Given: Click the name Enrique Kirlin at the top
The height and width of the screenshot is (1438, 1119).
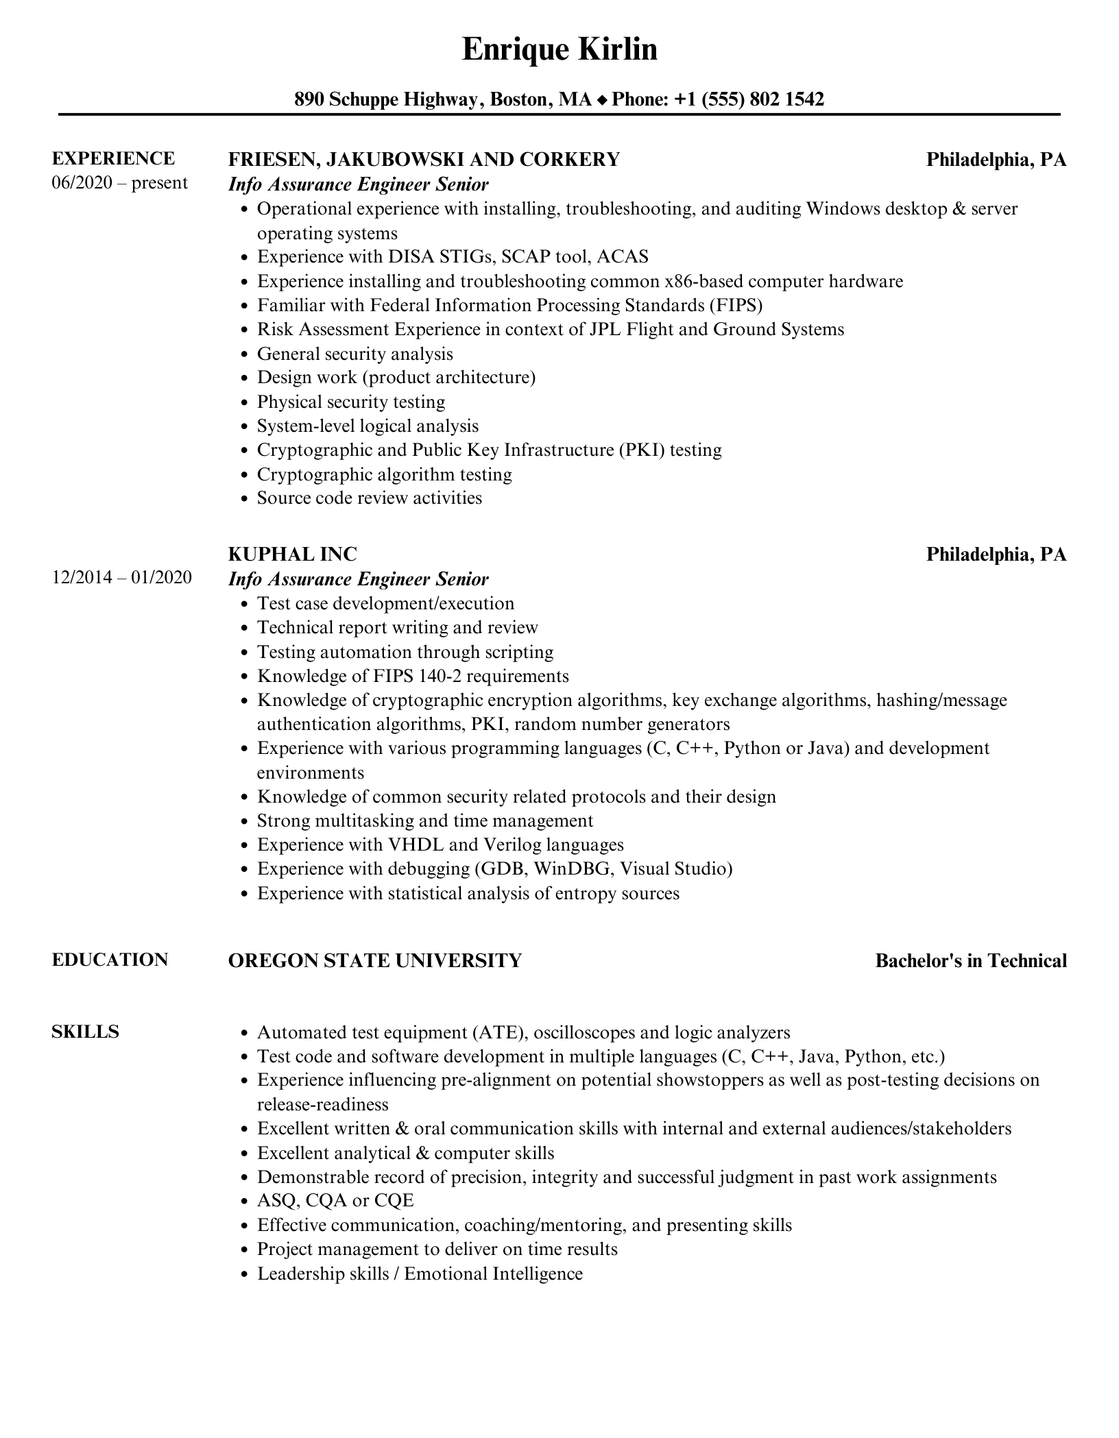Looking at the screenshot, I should click(x=559, y=50).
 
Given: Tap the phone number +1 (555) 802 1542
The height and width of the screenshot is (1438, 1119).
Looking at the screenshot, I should click(x=749, y=100).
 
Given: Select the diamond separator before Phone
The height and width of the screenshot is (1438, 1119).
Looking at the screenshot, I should click(x=601, y=101).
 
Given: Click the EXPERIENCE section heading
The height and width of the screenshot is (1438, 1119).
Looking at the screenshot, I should click(x=113, y=158).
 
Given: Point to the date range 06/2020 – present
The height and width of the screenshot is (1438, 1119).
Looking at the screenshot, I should click(x=119, y=183).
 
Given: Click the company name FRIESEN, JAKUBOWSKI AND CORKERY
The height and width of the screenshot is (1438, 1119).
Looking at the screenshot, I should click(x=424, y=160).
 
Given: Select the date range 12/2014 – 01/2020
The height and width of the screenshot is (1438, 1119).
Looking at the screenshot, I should click(x=122, y=578).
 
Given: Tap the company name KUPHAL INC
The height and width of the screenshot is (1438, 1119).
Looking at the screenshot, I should click(x=293, y=554).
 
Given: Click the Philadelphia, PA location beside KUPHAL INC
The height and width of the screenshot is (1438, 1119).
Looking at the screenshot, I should click(x=996, y=555).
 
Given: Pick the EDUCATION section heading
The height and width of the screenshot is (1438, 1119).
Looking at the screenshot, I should click(x=110, y=960).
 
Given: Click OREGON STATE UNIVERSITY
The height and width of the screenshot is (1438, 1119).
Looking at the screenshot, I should click(x=375, y=961).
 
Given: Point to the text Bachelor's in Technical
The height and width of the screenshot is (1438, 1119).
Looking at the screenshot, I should click(x=971, y=961).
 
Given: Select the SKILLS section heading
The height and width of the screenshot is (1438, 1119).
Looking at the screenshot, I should click(x=86, y=1032).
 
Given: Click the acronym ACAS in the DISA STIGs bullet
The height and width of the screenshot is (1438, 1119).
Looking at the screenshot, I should click(x=623, y=257).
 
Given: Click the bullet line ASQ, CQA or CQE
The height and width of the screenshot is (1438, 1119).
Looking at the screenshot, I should click(x=335, y=1201).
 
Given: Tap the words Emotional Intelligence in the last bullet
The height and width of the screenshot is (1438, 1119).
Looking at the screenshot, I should click(x=494, y=1274).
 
